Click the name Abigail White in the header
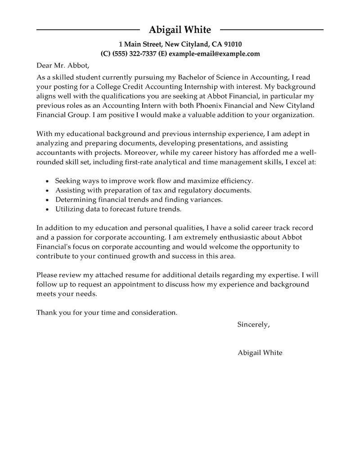tap(180, 30)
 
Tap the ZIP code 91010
tap(232, 44)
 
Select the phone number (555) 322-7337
tap(133, 54)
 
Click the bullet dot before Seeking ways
tap(48, 181)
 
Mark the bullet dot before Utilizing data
tap(48, 209)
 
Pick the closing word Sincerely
tap(253, 324)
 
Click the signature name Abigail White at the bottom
tap(260, 353)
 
